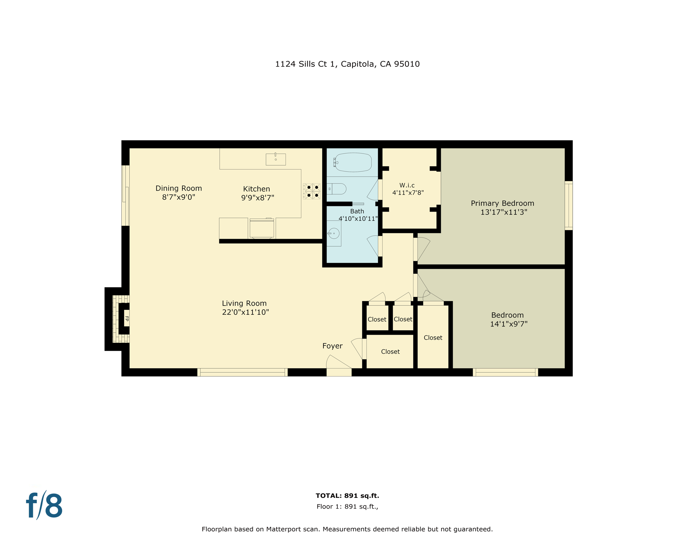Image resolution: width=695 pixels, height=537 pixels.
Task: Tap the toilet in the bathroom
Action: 336,189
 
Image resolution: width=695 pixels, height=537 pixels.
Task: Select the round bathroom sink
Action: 334,233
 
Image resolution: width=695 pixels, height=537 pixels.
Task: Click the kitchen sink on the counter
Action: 276,159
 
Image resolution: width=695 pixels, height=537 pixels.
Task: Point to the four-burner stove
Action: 312,191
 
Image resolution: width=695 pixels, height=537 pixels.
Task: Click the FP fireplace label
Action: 127,319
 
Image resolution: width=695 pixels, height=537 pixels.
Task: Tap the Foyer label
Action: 332,346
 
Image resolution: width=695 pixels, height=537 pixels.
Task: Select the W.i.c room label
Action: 407,185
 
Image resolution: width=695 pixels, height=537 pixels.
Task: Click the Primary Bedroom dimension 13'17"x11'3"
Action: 504,212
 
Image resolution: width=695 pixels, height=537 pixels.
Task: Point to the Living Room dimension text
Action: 245,312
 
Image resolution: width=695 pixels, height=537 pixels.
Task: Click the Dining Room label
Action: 179,188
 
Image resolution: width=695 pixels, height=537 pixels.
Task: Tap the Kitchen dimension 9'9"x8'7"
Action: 258,198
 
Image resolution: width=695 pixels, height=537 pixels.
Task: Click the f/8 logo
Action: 44,506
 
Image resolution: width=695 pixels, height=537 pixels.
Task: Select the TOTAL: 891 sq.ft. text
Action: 347,495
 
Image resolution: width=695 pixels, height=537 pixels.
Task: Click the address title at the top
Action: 347,64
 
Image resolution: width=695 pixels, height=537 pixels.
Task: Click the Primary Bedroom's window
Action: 569,206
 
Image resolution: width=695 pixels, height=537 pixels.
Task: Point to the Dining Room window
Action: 126,195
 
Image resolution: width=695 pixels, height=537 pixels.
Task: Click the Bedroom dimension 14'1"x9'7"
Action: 509,324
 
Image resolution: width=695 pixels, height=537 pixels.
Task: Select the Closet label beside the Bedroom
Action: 433,338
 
